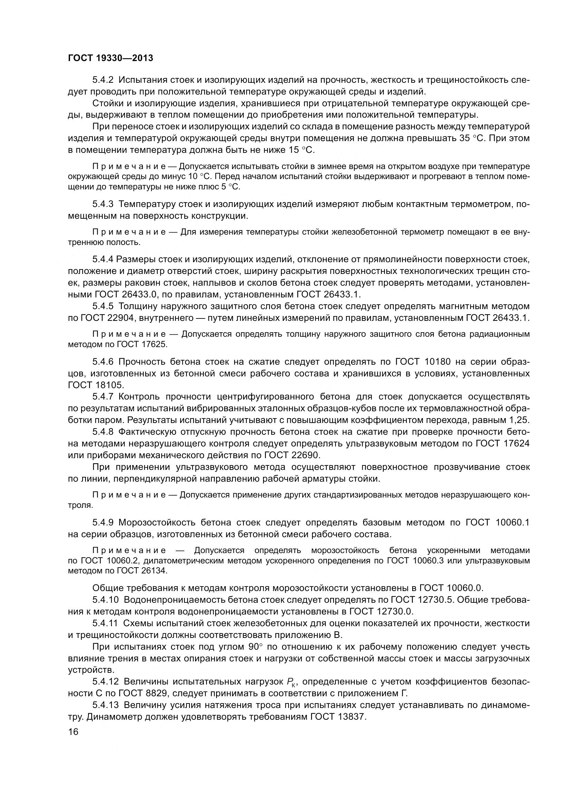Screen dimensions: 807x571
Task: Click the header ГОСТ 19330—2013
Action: tap(110, 58)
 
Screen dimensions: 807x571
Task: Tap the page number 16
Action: tap(73, 732)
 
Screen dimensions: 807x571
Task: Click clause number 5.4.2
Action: tap(103, 80)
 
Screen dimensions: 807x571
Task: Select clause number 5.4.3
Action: tap(103, 204)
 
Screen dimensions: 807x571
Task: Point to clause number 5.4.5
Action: tap(103, 306)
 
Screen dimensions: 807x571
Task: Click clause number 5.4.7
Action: tap(103, 396)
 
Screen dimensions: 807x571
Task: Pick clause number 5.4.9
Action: tap(103, 522)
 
